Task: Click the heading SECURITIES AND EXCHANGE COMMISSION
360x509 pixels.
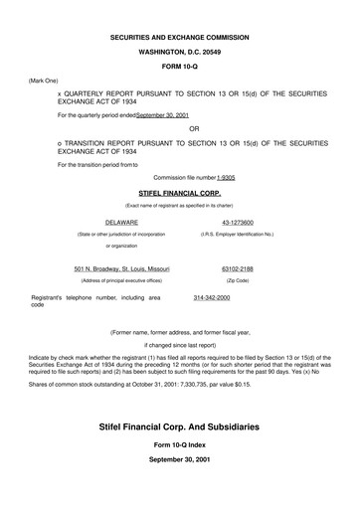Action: click(180, 37)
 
